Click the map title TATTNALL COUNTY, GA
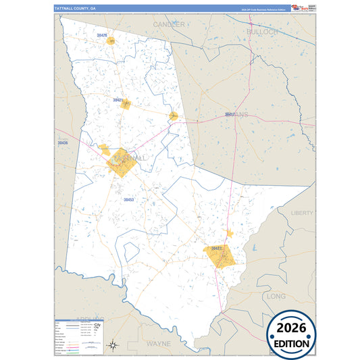click(75, 7)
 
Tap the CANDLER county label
click(169, 24)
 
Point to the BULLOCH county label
click(262, 32)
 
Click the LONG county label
click(277, 296)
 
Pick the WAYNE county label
click(159, 343)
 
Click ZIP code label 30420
click(102, 34)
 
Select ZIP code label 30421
click(118, 100)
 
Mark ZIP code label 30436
click(63, 143)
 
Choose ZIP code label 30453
click(128, 200)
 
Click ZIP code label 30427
click(216, 249)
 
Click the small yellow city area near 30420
click(110, 41)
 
